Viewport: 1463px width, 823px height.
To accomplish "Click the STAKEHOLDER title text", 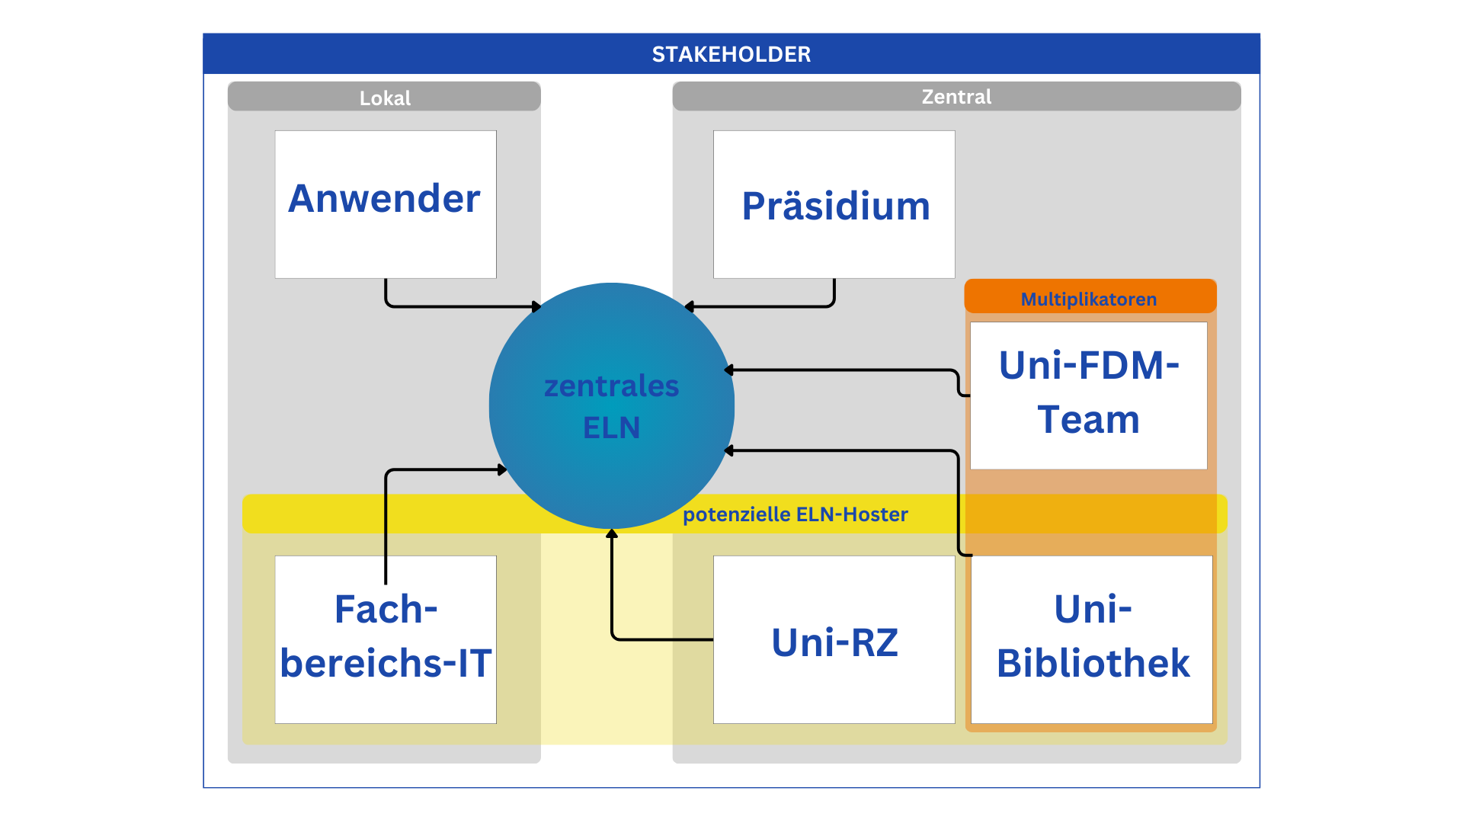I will [x=731, y=54].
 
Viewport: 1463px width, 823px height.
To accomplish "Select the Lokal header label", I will [x=385, y=98].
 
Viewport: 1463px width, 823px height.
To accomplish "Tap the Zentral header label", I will [x=956, y=97].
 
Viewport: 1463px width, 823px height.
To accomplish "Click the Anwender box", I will [x=385, y=203].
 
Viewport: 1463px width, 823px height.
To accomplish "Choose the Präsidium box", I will [x=834, y=204].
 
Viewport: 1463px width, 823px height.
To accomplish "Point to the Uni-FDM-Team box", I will [x=1088, y=395].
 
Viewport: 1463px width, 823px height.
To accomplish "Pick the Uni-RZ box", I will [x=834, y=640].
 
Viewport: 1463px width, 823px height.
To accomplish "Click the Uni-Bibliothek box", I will [x=1091, y=639].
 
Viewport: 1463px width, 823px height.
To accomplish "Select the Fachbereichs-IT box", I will [x=385, y=639].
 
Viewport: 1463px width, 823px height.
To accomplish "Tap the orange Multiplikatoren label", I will [x=1089, y=299].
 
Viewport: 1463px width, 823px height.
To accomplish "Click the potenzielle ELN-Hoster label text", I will [x=795, y=514].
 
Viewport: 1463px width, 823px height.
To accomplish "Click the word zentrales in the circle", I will [x=611, y=386].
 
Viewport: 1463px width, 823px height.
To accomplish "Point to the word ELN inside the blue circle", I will [x=611, y=428].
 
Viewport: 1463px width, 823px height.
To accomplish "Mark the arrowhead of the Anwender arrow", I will [x=536, y=306].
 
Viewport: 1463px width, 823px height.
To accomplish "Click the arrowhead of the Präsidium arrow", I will [x=689, y=306].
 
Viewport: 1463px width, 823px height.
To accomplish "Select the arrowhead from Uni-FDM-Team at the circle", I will [x=728, y=370].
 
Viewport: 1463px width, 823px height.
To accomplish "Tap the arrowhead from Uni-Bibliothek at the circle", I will [x=728, y=450].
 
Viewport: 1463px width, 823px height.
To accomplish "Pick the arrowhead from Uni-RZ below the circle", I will [x=611, y=533].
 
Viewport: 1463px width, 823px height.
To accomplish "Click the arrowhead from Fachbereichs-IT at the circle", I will [x=502, y=469].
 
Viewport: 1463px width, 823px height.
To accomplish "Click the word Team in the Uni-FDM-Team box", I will [x=1088, y=420].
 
